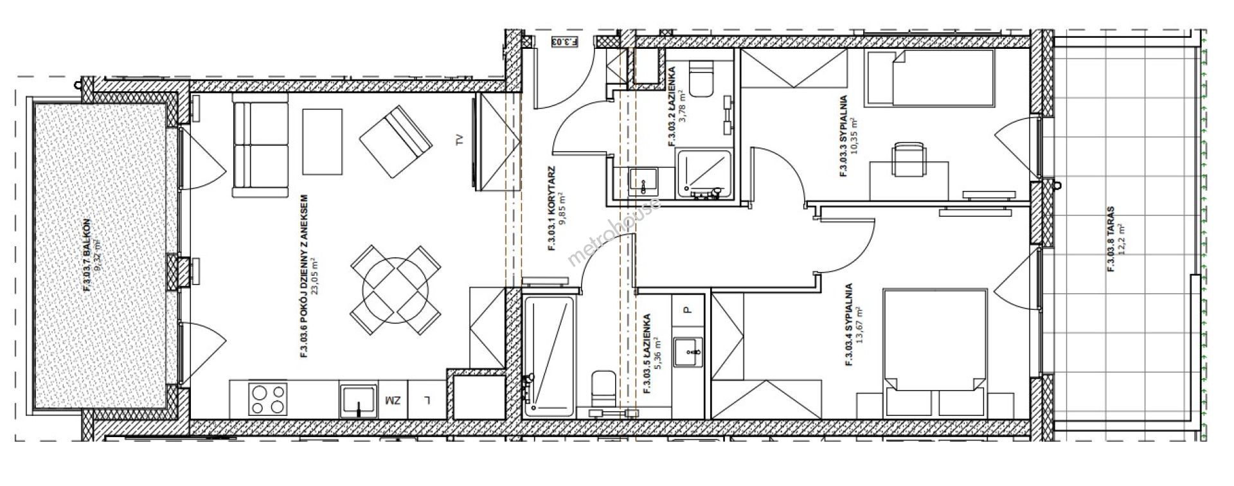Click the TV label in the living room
click(459, 140)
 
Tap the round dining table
click(396, 292)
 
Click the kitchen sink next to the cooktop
click(358, 399)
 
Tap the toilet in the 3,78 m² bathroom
click(701, 80)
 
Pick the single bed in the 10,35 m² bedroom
click(929, 78)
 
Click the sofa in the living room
click(260, 148)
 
